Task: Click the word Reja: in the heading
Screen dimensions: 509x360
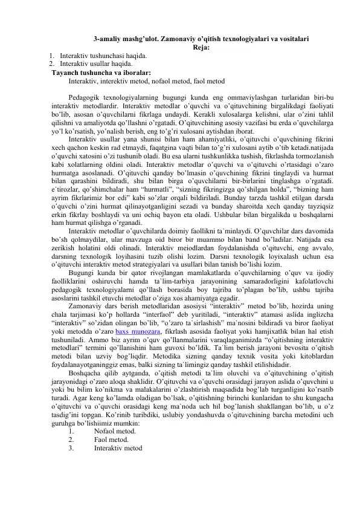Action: [201, 49]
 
